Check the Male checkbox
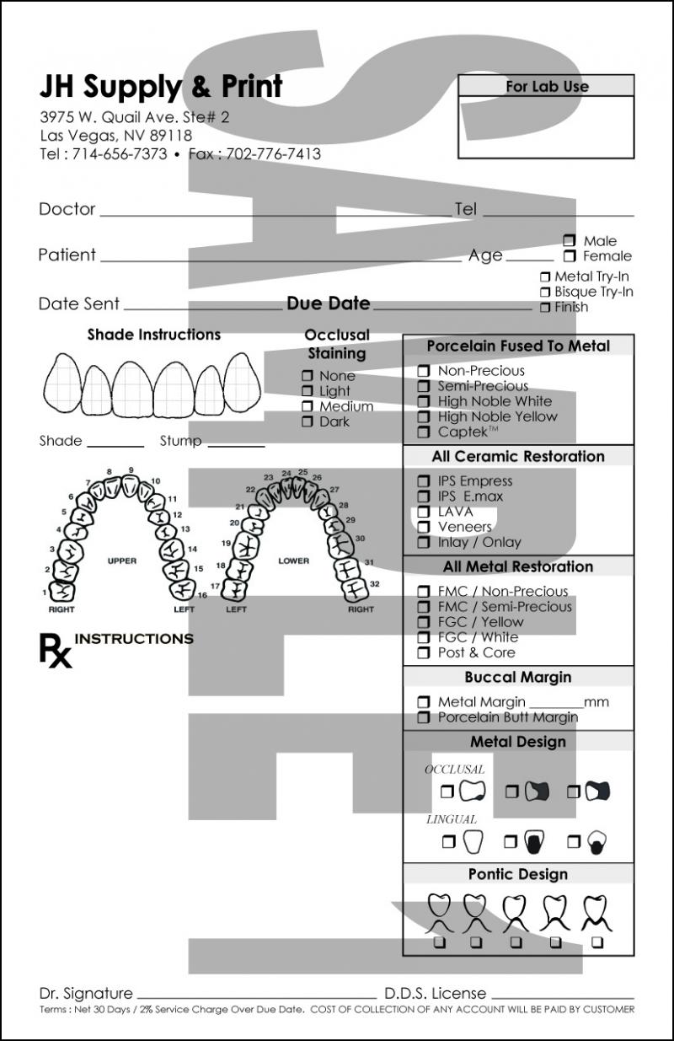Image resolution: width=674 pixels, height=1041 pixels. click(x=570, y=241)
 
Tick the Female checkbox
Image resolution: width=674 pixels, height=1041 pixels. click(x=570, y=256)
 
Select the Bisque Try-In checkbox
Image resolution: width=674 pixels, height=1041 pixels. click(x=544, y=292)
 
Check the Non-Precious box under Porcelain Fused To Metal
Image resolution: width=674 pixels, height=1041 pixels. click(x=424, y=371)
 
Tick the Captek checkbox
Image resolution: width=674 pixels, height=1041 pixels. click(x=424, y=432)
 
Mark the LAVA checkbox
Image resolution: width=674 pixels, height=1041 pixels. click(x=424, y=512)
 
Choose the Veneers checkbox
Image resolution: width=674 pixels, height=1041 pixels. click(x=424, y=527)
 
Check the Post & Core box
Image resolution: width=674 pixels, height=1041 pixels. click(x=424, y=652)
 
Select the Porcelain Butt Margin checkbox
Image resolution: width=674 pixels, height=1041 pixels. click(x=424, y=717)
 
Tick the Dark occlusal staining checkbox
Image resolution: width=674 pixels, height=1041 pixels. click(x=308, y=421)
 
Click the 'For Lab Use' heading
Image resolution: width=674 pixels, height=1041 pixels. click(x=547, y=86)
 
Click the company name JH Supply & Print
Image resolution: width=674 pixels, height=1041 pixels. click(x=161, y=86)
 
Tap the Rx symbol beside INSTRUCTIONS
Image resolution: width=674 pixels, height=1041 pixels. click(x=55, y=650)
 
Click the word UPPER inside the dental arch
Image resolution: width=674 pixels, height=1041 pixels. click(x=121, y=561)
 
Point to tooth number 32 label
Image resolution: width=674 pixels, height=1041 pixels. click(x=374, y=583)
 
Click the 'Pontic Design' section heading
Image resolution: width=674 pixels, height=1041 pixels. click(x=517, y=874)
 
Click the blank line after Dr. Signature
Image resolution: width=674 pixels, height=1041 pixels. click(x=256, y=995)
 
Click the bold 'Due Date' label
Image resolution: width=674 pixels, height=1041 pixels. click(x=328, y=303)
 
